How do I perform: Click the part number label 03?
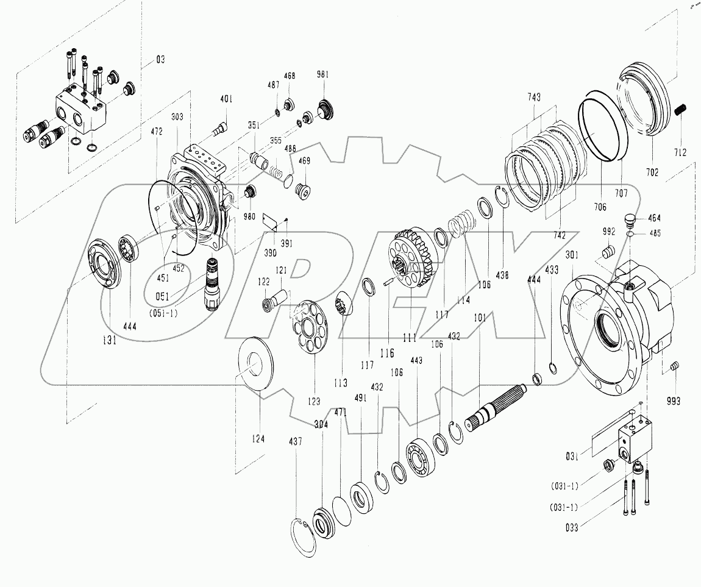160,60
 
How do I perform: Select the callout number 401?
226,99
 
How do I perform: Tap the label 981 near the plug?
322,75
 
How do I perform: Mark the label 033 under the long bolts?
571,528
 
